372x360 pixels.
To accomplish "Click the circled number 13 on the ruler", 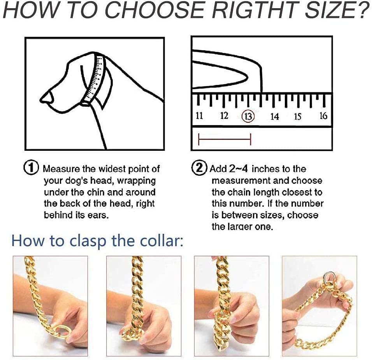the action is (248, 116).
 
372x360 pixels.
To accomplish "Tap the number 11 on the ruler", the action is (199, 116).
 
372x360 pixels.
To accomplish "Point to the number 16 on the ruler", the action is (323, 116).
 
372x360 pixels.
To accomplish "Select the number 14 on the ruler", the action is (274, 116).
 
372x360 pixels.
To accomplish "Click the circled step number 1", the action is (31, 168).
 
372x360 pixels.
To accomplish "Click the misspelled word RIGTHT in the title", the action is (256, 11).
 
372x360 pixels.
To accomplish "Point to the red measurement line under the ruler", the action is (225, 139).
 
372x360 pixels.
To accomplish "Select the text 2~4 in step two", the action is (239, 168).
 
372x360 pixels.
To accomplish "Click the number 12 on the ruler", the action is (224, 116).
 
